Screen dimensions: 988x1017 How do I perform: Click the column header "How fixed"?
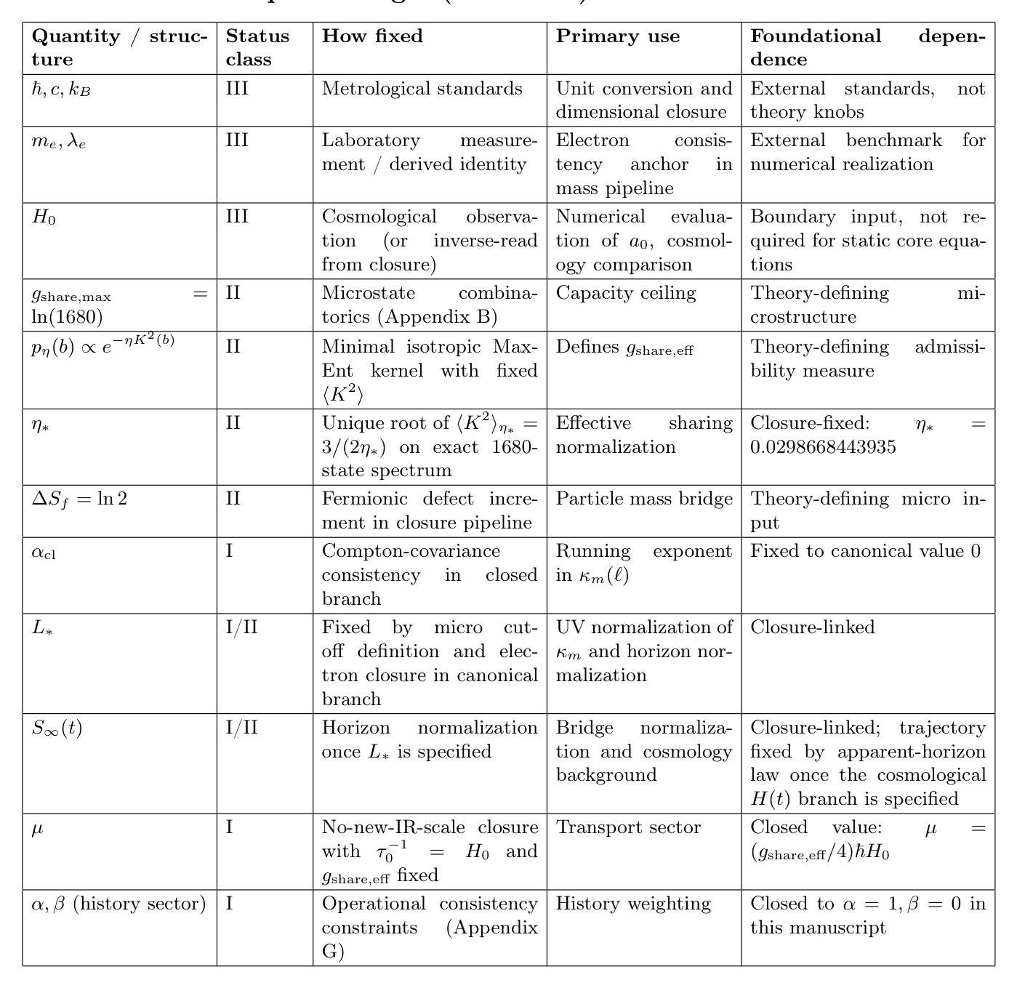[x=372, y=36]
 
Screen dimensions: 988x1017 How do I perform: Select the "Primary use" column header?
[x=618, y=36]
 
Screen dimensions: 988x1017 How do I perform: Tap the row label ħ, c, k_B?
[x=61, y=89]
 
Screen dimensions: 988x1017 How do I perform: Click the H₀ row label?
[x=44, y=217]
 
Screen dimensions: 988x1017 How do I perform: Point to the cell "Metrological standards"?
[x=422, y=89]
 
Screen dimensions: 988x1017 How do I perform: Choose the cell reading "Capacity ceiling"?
[x=626, y=293]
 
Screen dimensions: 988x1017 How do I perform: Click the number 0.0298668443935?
[x=823, y=446]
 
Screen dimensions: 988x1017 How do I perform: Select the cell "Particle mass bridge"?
[x=644, y=499]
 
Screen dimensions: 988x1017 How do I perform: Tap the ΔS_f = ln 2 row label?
[x=79, y=499]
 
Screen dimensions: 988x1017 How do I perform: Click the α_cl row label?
[x=44, y=552]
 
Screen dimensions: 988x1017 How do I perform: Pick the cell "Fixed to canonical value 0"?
[x=865, y=551]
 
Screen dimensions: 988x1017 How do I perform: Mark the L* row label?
[x=43, y=628]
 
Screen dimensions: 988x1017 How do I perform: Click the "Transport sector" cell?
[x=628, y=827]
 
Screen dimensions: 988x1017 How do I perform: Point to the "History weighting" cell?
[x=633, y=904]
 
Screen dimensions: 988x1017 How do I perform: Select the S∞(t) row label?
[x=57, y=728]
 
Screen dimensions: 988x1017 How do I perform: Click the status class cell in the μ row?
[x=230, y=827]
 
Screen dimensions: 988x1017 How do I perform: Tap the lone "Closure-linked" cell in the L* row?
[x=812, y=627]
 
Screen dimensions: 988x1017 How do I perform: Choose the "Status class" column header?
[x=257, y=47]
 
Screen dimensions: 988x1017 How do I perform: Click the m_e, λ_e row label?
[x=59, y=141]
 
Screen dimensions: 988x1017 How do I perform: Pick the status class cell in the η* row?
[x=233, y=423]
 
